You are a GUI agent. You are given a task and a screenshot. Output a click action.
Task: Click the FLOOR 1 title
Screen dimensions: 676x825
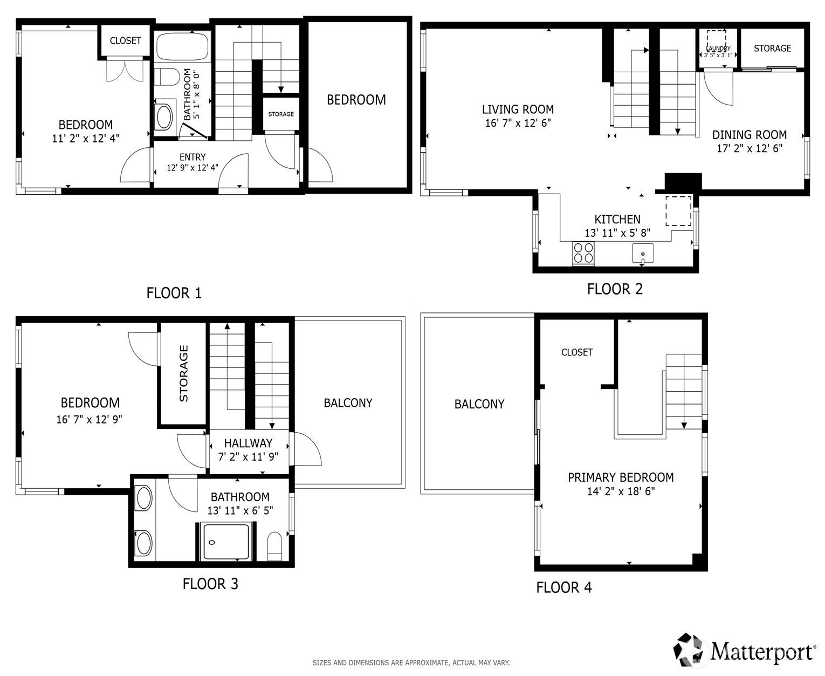pyautogui.click(x=174, y=293)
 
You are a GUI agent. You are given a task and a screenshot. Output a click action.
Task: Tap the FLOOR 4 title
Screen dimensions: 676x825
pyautogui.click(x=563, y=588)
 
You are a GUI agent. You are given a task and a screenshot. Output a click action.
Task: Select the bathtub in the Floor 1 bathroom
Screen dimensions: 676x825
pyautogui.click(x=182, y=46)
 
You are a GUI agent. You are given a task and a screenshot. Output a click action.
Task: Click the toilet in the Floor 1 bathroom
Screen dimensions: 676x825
pyautogui.click(x=166, y=77)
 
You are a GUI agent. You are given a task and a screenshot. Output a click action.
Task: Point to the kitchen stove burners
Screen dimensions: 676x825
pyautogui.click(x=583, y=252)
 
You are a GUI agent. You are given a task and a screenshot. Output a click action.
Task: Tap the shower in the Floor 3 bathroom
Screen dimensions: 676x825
pyautogui.click(x=225, y=541)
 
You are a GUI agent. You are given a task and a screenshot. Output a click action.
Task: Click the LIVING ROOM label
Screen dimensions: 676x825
pyautogui.click(x=518, y=110)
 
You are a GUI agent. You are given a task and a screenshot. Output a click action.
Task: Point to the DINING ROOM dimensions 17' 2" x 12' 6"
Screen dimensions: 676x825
pyautogui.click(x=749, y=148)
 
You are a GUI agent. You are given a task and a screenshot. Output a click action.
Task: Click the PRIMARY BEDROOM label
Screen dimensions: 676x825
pyautogui.click(x=621, y=477)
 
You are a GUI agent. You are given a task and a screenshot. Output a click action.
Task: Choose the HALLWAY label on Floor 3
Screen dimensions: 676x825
pyautogui.click(x=248, y=443)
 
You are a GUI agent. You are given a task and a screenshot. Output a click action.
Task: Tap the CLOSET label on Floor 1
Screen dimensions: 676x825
pyautogui.click(x=125, y=41)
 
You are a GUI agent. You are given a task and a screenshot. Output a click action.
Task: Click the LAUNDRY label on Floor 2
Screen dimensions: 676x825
pyautogui.click(x=718, y=49)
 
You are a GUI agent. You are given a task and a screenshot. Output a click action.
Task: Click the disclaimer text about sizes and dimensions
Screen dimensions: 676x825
pyautogui.click(x=411, y=663)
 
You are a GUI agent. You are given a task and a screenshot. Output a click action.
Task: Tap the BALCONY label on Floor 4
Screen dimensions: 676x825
pyautogui.click(x=479, y=404)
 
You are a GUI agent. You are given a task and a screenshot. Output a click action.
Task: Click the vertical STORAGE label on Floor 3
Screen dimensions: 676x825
pyautogui.click(x=184, y=373)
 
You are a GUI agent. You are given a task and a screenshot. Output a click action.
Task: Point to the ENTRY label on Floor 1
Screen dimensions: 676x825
pyautogui.click(x=192, y=157)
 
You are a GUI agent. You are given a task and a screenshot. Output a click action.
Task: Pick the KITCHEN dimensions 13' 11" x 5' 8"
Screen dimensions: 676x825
pyautogui.click(x=617, y=233)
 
